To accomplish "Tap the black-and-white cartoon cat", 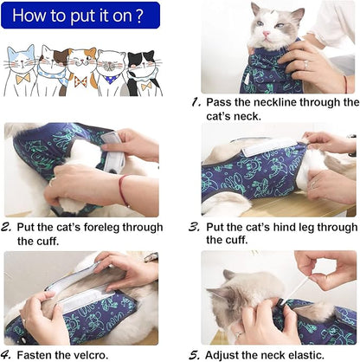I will click(x=142, y=71).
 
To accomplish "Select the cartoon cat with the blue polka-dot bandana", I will click(x=112, y=71).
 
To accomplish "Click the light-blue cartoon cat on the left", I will click(x=21, y=69).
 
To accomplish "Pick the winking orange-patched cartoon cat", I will click(x=83, y=69).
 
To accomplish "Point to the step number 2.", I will click(x=9, y=228).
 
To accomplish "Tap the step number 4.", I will click(x=9, y=353).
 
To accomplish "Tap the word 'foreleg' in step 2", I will click(x=112, y=227).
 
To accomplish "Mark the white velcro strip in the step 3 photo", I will click(x=260, y=149).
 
